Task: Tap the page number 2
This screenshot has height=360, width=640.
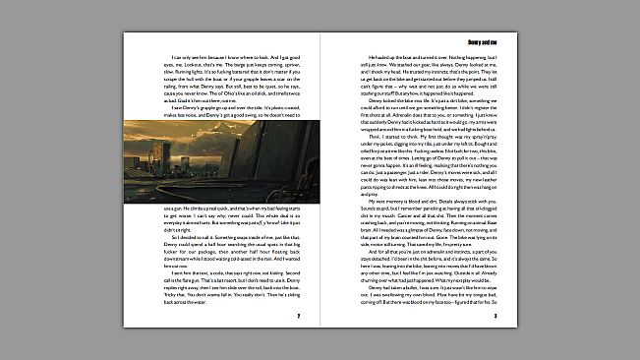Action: [x=297, y=316]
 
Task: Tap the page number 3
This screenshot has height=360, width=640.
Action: [x=495, y=316]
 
